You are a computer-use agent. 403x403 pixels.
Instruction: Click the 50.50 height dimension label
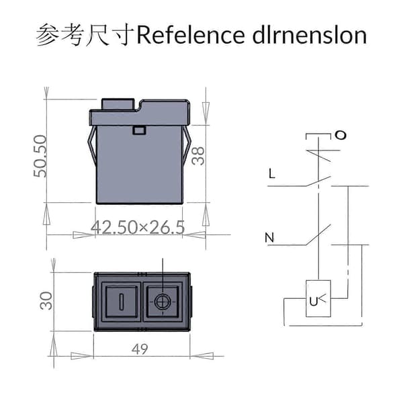coord(40,156)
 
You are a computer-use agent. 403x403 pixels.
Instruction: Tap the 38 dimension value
coord(198,156)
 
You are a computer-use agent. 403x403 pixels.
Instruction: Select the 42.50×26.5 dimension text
coord(138,228)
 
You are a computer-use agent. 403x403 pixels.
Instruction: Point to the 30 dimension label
coord(46,301)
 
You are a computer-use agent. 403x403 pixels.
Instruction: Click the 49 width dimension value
coord(140,349)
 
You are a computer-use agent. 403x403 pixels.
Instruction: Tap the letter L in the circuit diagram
coord(271,173)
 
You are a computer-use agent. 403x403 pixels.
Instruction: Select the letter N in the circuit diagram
coord(269,238)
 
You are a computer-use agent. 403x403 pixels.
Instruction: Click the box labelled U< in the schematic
coord(318,298)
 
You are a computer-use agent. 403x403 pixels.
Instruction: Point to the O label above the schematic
coord(341,135)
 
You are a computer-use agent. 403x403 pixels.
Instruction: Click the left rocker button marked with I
coord(122,302)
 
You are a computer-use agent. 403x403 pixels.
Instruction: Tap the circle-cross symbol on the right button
coord(163,302)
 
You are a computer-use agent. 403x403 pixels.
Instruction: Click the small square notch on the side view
coord(139,130)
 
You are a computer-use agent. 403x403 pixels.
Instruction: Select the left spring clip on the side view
coord(92,146)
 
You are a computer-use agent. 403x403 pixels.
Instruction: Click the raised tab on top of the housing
coord(118,104)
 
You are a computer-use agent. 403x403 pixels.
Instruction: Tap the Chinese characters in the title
coord(85,35)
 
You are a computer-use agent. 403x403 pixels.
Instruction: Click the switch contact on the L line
coord(318,181)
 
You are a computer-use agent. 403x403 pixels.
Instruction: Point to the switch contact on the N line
coord(318,234)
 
